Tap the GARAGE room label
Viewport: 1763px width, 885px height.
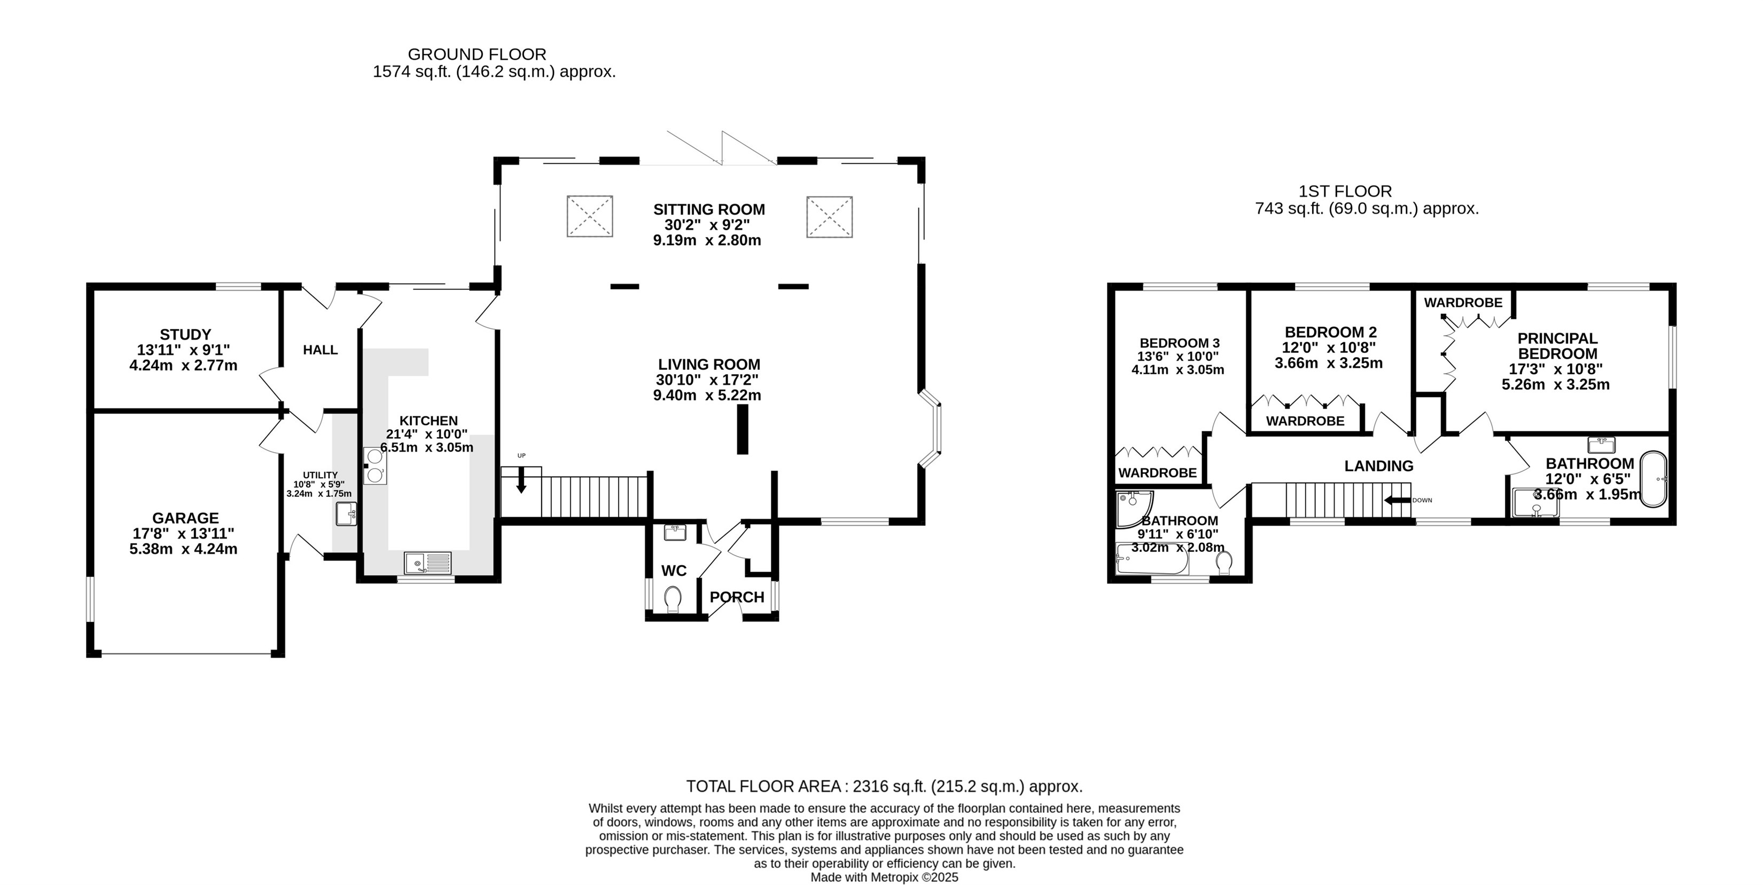pos(185,518)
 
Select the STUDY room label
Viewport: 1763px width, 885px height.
pos(185,335)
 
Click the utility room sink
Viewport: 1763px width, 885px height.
pos(346,513)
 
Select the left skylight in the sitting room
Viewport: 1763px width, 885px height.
pos(589,216)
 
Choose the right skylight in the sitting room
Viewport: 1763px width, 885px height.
pos(830,216)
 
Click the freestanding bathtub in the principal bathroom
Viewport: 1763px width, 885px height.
pos(1653,479)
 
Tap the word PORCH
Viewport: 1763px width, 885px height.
pos(736,597)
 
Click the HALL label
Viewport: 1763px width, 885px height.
pos(321,350)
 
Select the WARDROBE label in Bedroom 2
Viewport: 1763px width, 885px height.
pos(1305,421)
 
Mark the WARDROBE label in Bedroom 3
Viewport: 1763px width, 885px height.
pos(1157,472)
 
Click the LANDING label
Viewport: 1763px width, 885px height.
pos(1379,467)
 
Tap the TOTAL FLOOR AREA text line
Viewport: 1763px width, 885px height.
pos(884,786)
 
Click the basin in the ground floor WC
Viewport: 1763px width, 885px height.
pos(675,532)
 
